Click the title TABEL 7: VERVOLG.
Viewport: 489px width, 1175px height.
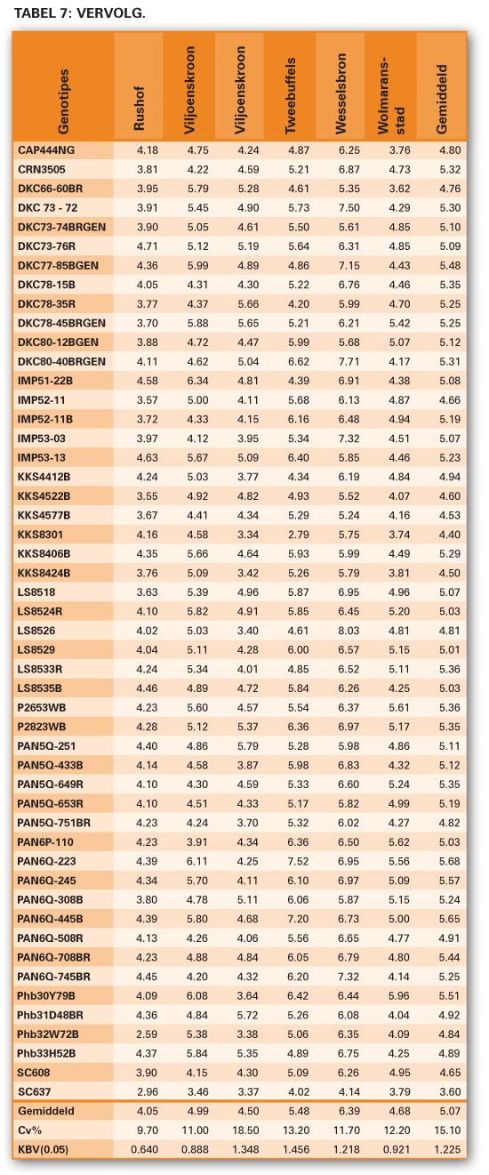(x=80, y=12)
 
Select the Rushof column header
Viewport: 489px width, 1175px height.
(x=139, y=109)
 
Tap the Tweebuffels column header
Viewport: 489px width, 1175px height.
(x=291, y=95)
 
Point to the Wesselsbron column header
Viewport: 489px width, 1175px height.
(x=341, y=93)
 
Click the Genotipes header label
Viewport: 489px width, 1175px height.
(x=62, y=101)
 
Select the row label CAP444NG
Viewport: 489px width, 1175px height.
(x=46, y=150)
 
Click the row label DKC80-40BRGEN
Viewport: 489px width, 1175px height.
(x=61, y=361)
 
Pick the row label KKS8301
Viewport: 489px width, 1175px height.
(x=40, y=535)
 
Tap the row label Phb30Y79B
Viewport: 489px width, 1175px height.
(x=45, y=995)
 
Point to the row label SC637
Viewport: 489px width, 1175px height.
(x=34, y=1091)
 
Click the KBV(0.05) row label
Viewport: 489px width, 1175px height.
(x=43, y=1149)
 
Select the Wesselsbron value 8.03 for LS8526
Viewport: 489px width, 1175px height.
(x=349, y=631)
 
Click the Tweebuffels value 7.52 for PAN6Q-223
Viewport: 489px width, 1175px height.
(x=298, y=861)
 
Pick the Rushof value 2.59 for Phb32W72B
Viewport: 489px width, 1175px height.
(x=147, y=1034)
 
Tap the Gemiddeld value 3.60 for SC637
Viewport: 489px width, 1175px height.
(x=450, y=1091)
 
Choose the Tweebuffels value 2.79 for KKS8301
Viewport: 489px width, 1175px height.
(x=298, y=535)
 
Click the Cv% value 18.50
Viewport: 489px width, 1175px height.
(x=245, y=1130)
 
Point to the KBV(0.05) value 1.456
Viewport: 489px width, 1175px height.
(x=296, y=1149)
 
